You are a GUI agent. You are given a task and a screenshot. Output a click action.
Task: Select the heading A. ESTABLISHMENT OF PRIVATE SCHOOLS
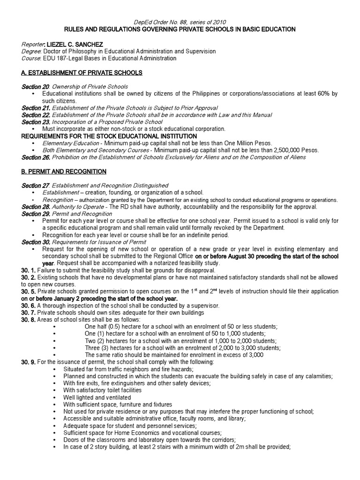[82, 73]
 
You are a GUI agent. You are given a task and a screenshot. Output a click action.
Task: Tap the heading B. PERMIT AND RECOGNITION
[64, 171]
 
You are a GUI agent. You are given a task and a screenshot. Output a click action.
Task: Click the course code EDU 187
[54, 58]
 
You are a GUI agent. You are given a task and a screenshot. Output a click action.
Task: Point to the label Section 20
[35, 87]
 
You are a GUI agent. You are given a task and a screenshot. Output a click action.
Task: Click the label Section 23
[35, 122]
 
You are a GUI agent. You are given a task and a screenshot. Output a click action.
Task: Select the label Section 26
[35, 157]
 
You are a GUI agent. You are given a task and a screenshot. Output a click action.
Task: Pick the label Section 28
[35, 207]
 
